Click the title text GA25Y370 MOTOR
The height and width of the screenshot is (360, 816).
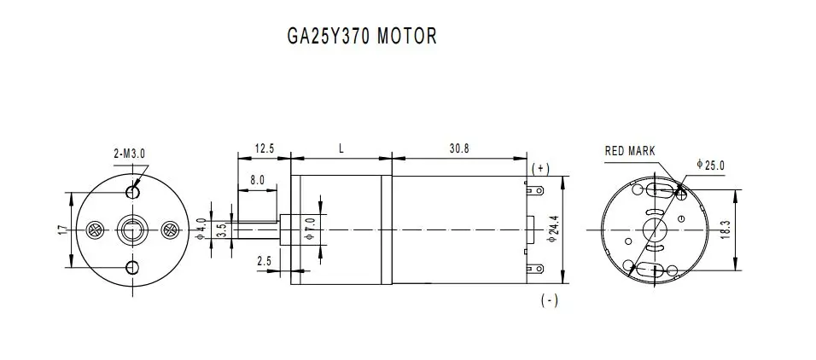pyautogui.click(x=362, y=36)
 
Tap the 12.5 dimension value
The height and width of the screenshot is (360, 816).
pyautogui.click(x=264, y=148)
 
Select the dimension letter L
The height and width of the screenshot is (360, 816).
pyautogui.click(x=341, y=148)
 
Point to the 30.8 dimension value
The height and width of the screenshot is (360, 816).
pyautogui.click(x=459, y=148)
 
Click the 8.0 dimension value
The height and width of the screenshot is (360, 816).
pyautogui.click(x=257, y=181)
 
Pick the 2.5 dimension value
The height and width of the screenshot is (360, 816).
pyautogui.click(x=264, y=261)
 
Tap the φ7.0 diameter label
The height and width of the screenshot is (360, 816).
pyautogui.click(x=310, y=229)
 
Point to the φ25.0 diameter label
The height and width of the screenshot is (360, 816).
pyautogui.click(x=710, y=165)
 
